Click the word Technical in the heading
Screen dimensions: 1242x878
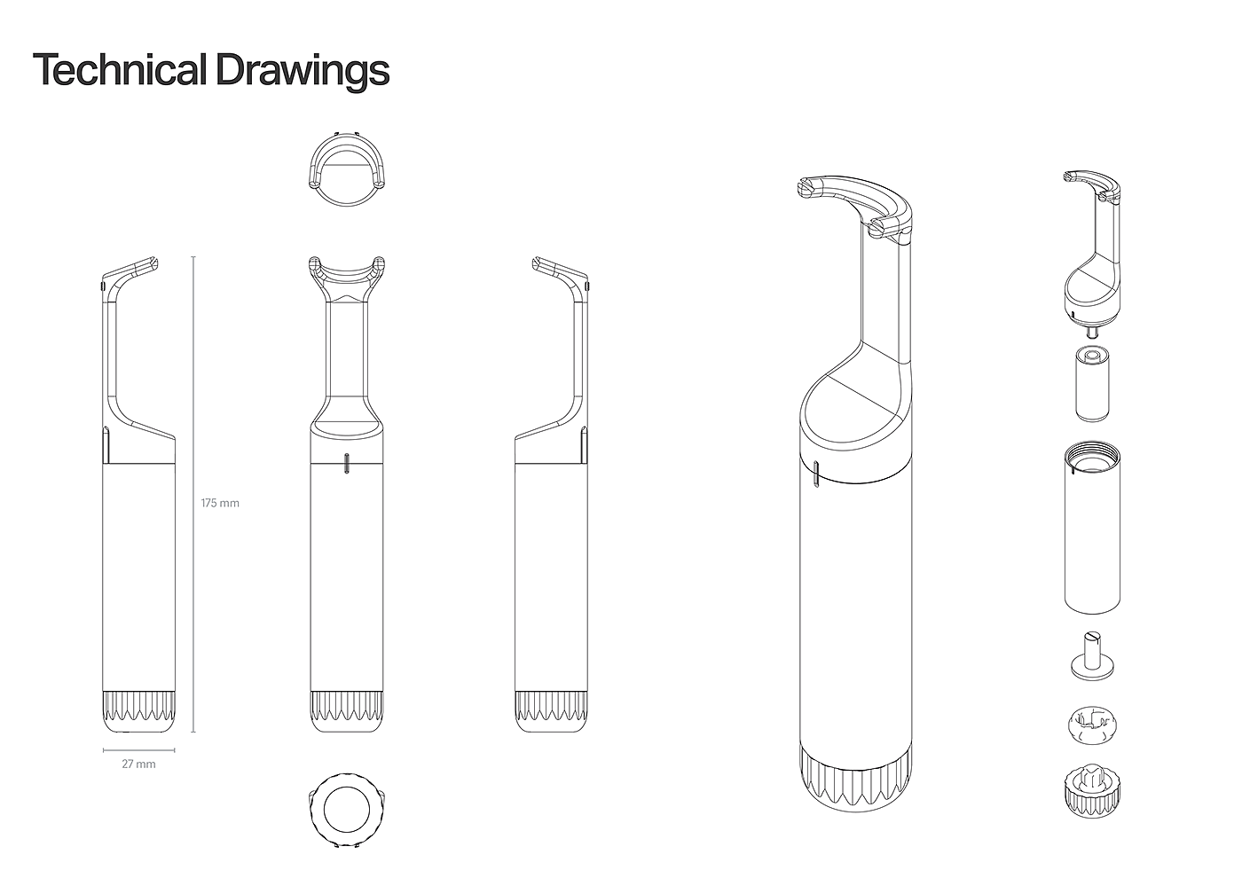(x=120, y=70)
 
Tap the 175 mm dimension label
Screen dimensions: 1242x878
(x=220, y=504)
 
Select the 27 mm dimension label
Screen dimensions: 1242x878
(x=138, y=764)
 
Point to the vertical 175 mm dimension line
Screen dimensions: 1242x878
(x=193, y=495)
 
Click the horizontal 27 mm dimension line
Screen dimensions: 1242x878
(x=138, y=750)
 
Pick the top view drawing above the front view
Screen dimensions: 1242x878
(x=347, y=169)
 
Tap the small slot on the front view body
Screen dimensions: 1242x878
(x=347, y=463)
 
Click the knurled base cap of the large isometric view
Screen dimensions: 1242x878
(x=854, y=778)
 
